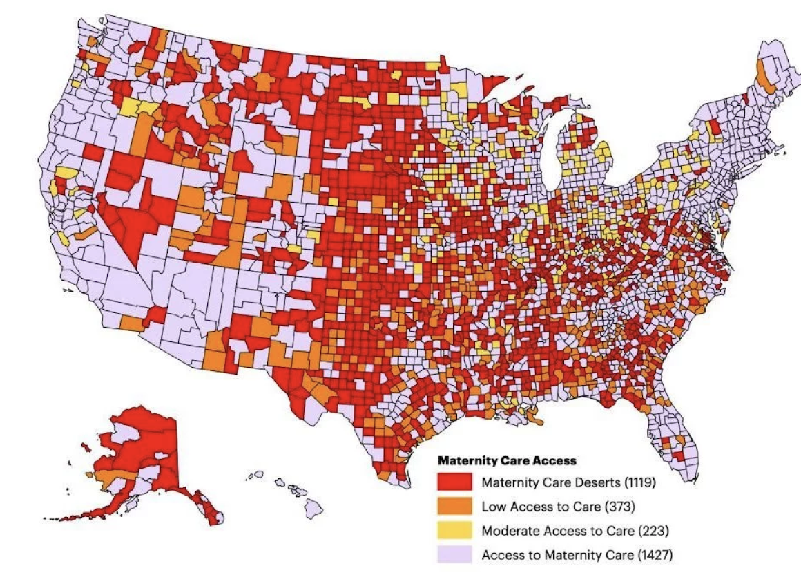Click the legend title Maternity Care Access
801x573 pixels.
tap(507, 460)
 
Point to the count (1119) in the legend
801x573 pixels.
tap(639, 482)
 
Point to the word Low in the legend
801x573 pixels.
tap(492, 506)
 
